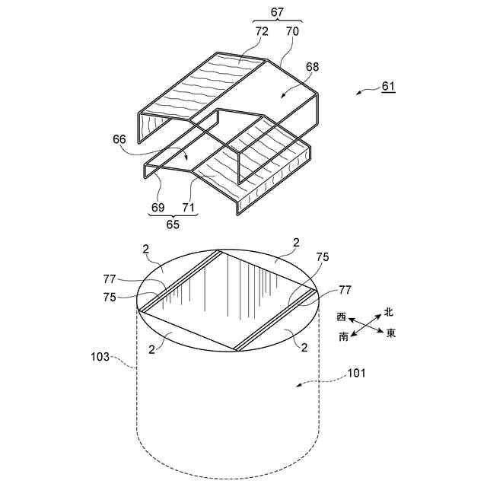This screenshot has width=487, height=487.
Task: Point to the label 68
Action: [x=311, y=68]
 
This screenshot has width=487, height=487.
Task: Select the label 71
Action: [x=186, y=207]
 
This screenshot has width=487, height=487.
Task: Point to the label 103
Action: [x=100, y=355]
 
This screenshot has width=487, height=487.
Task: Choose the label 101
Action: [x=356, y=373]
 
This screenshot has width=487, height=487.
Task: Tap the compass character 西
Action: [x=341, y=317]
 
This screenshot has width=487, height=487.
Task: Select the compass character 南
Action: [x=344, y=336]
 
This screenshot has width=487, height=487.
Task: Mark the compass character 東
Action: [x=391, y=333]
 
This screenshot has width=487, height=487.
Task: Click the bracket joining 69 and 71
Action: [x=172, y=216]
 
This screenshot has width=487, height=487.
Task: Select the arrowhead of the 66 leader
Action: [x=186, y=159]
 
